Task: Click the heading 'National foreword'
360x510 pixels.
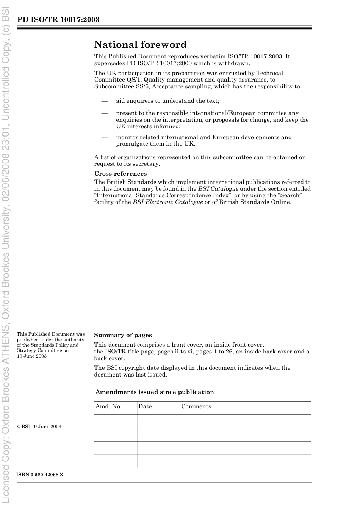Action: coord(140,45)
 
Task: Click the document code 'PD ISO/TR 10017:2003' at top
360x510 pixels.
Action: coord(58,19)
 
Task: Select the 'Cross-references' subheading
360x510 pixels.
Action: coord(120,174)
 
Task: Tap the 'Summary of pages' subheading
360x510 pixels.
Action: coord(123,335)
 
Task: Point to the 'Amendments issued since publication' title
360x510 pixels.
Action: coord(155,392)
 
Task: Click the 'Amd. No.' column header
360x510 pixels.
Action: coord(108,406)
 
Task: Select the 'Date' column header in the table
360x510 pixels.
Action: coord(145,406)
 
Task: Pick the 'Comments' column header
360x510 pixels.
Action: coord(196,406)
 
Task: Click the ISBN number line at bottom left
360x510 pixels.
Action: coord(40,475)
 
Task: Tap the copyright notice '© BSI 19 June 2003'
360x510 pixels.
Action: coord(39,427)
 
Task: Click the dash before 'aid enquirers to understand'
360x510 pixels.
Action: coord(104,101)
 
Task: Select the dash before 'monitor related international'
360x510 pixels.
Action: coord(104,138)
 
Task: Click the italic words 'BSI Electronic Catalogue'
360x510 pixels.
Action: coord(167,202)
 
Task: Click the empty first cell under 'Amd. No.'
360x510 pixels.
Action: coord(115,421)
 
